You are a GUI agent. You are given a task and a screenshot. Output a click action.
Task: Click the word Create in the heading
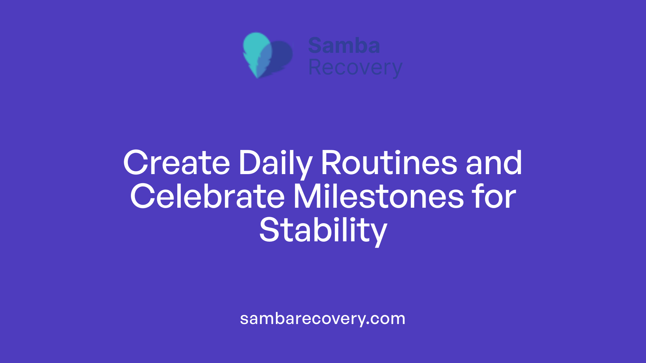coord(177,163)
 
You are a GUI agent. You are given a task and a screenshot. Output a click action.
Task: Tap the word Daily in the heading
coord(275,163)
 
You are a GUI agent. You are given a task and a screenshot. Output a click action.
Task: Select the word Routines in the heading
coord(389,163)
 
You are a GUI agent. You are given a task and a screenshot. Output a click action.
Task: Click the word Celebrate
coord(207,197)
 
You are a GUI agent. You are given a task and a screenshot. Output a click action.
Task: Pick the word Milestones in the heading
coord(379,197)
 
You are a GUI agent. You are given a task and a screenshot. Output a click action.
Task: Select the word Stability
coord(323,231)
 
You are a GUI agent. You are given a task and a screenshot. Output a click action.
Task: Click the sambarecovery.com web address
coord(323,319)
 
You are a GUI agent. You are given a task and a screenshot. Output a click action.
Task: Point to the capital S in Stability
coord(269,231)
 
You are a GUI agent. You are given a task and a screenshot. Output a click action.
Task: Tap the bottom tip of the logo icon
coord(257,77)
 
